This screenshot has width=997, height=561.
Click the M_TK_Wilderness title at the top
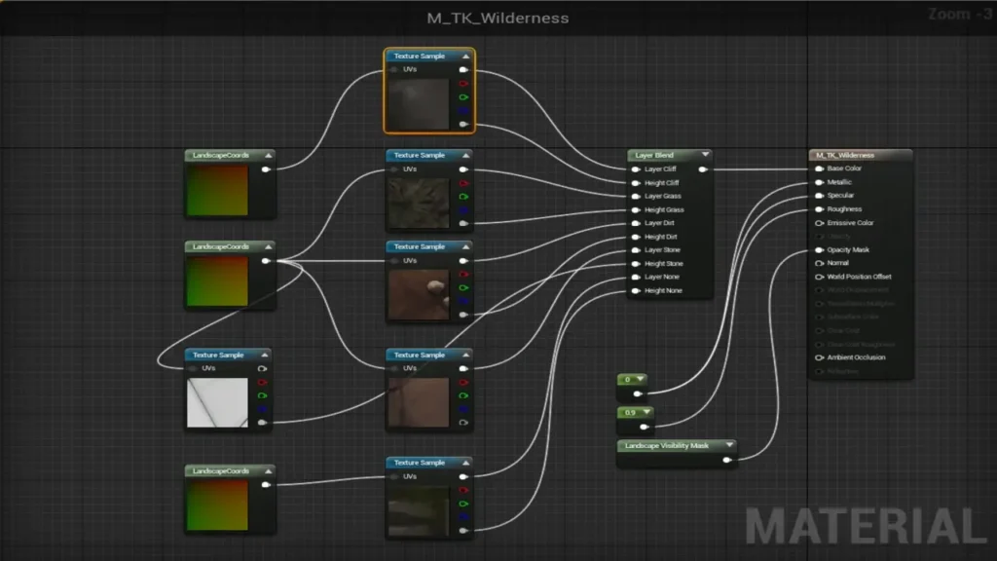(x=498, y=18)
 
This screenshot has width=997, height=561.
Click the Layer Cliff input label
(x=662, y=169)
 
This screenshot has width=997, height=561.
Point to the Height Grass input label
(x=664, y=209)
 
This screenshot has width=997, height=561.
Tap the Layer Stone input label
(x=663, y=250)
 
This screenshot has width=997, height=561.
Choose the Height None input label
(x=663, y=291)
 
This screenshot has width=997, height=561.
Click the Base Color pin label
(x=844, y=168)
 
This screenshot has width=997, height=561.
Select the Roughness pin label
(x=844, y=209)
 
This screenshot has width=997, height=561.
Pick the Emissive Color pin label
(x=850, y=223)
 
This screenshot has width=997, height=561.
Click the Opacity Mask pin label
(x=848, y=250)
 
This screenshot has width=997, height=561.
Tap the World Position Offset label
(x=859, y=277)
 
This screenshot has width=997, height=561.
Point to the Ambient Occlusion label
(x=856, y=357)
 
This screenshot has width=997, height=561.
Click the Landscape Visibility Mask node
(x=672, y=446)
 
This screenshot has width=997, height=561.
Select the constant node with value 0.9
(x=630, y=413)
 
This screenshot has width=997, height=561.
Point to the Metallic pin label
(x=839, y=182)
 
